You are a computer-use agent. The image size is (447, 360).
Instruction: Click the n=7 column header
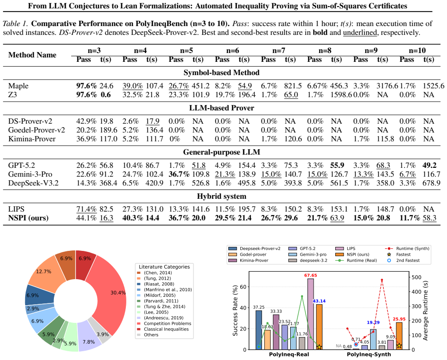pos(279,50)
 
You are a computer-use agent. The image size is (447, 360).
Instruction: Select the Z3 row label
pos(12,95)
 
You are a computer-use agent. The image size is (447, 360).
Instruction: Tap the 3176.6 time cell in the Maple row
pos(387,86)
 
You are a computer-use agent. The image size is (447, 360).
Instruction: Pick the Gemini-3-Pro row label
pos(30,174)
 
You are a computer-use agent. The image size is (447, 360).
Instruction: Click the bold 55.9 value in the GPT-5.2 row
pos(337,165)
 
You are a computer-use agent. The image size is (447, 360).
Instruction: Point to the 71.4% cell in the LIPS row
pos(87,209)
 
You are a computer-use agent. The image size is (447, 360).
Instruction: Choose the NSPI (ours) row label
pos(28,218)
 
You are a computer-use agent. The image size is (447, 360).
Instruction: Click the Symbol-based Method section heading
pos(221,73)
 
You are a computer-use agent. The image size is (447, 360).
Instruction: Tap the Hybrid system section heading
pos(221,197)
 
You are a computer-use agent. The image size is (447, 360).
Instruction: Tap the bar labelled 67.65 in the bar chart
pos(311,314)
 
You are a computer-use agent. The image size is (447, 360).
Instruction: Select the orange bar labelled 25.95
pos(399,336)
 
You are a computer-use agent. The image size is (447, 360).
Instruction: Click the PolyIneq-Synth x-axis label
pos(369,355)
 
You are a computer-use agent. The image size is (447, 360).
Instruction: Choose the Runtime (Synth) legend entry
pos(407,249)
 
